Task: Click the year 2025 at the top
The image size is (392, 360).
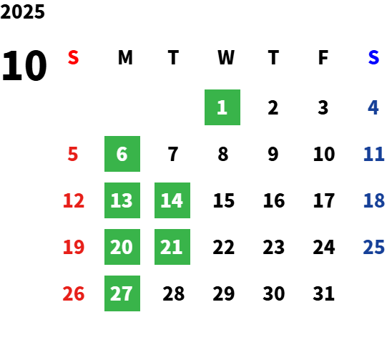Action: coord(22,11)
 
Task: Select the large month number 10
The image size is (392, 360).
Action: coord(24,66)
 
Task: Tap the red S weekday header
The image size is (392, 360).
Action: coord(74,57)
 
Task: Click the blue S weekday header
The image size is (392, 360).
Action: coord(373,57)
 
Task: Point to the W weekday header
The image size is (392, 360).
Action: coord(226,57)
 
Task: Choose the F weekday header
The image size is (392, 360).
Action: coord(323,57)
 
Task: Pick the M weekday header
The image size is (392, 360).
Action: coord(125,57)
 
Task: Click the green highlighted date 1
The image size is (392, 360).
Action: coord(222,107)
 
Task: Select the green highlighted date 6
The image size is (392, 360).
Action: coord(122,154)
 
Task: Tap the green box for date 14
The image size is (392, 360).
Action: coord(172,200)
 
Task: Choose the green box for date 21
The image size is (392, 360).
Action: coord(172,247)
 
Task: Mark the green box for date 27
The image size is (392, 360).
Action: coord(122,293)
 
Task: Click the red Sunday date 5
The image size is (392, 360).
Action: coord(73,154)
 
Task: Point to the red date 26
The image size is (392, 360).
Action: coord(74,293)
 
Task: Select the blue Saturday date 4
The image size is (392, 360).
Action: coord(373,107)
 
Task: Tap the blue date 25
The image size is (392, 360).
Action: coord(373,247)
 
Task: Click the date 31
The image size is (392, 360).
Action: coord(323,293)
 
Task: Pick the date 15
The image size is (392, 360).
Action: coord(224,200)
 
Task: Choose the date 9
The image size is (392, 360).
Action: coord(273,154)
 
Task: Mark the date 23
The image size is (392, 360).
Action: coord(274,247)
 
